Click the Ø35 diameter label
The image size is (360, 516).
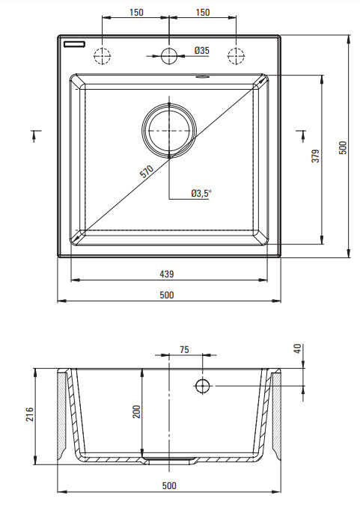point(201,50)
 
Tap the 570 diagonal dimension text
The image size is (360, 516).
point(147,171)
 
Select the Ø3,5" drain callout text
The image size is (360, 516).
point(201,193)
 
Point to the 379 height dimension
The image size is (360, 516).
point(316,156)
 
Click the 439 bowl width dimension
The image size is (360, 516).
point(167,274)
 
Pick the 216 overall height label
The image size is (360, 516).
point(30,414)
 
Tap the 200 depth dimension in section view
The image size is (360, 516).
point(136,412)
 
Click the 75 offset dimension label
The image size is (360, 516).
point(184,349)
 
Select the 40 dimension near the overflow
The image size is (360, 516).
point(297,348)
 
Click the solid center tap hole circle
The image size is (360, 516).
point(169,56)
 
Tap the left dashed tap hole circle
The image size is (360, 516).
point(102,56)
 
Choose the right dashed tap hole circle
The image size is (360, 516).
point(237,56)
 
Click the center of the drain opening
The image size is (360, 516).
point(169,131)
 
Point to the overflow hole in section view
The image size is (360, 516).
point(203,386)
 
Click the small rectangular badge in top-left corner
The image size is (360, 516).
point(74,44)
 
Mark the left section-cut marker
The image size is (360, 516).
point(35,135)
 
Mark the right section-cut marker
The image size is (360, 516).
point(302,135)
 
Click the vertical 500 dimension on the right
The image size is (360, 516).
point(343,148)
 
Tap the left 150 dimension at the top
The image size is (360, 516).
point(136,13)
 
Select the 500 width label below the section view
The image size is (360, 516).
point(169,486)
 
